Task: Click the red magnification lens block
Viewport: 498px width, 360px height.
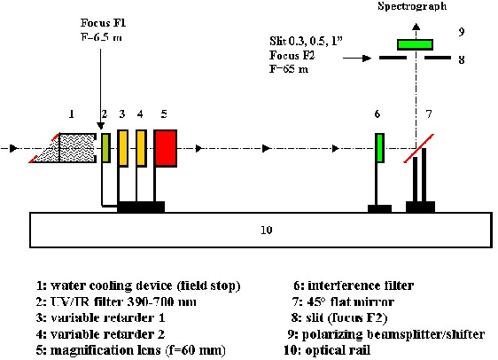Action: (166, 148)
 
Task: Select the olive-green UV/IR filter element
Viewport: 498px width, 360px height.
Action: (106, 148)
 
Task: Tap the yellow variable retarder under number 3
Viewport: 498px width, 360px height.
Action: (122, 148)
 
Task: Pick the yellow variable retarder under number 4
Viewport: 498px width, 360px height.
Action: (141, 148)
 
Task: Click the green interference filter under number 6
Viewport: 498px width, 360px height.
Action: (380, 148)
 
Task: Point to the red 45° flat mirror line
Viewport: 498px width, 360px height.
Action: (418, 148)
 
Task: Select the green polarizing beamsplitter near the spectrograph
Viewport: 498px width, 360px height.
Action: (415, 44)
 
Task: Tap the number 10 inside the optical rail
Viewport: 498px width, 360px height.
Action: (267, 230)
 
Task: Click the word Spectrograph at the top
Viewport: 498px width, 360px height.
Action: (412, 6)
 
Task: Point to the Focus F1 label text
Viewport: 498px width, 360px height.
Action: (103, 23)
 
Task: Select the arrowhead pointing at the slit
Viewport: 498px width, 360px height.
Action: (367, 58)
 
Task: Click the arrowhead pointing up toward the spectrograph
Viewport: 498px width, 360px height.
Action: (416, 27)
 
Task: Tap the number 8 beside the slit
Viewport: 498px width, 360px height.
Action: (462, 59)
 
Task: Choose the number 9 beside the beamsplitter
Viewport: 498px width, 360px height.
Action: (462, 32)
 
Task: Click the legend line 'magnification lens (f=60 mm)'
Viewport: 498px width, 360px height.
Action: (130, 350)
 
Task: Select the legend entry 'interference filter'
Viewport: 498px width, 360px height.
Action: (354, 286)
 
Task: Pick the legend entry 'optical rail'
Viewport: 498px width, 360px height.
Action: (327, 350)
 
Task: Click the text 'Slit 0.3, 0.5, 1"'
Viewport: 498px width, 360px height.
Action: (307, 41)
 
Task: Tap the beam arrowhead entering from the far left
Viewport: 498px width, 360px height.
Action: (13, 148)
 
